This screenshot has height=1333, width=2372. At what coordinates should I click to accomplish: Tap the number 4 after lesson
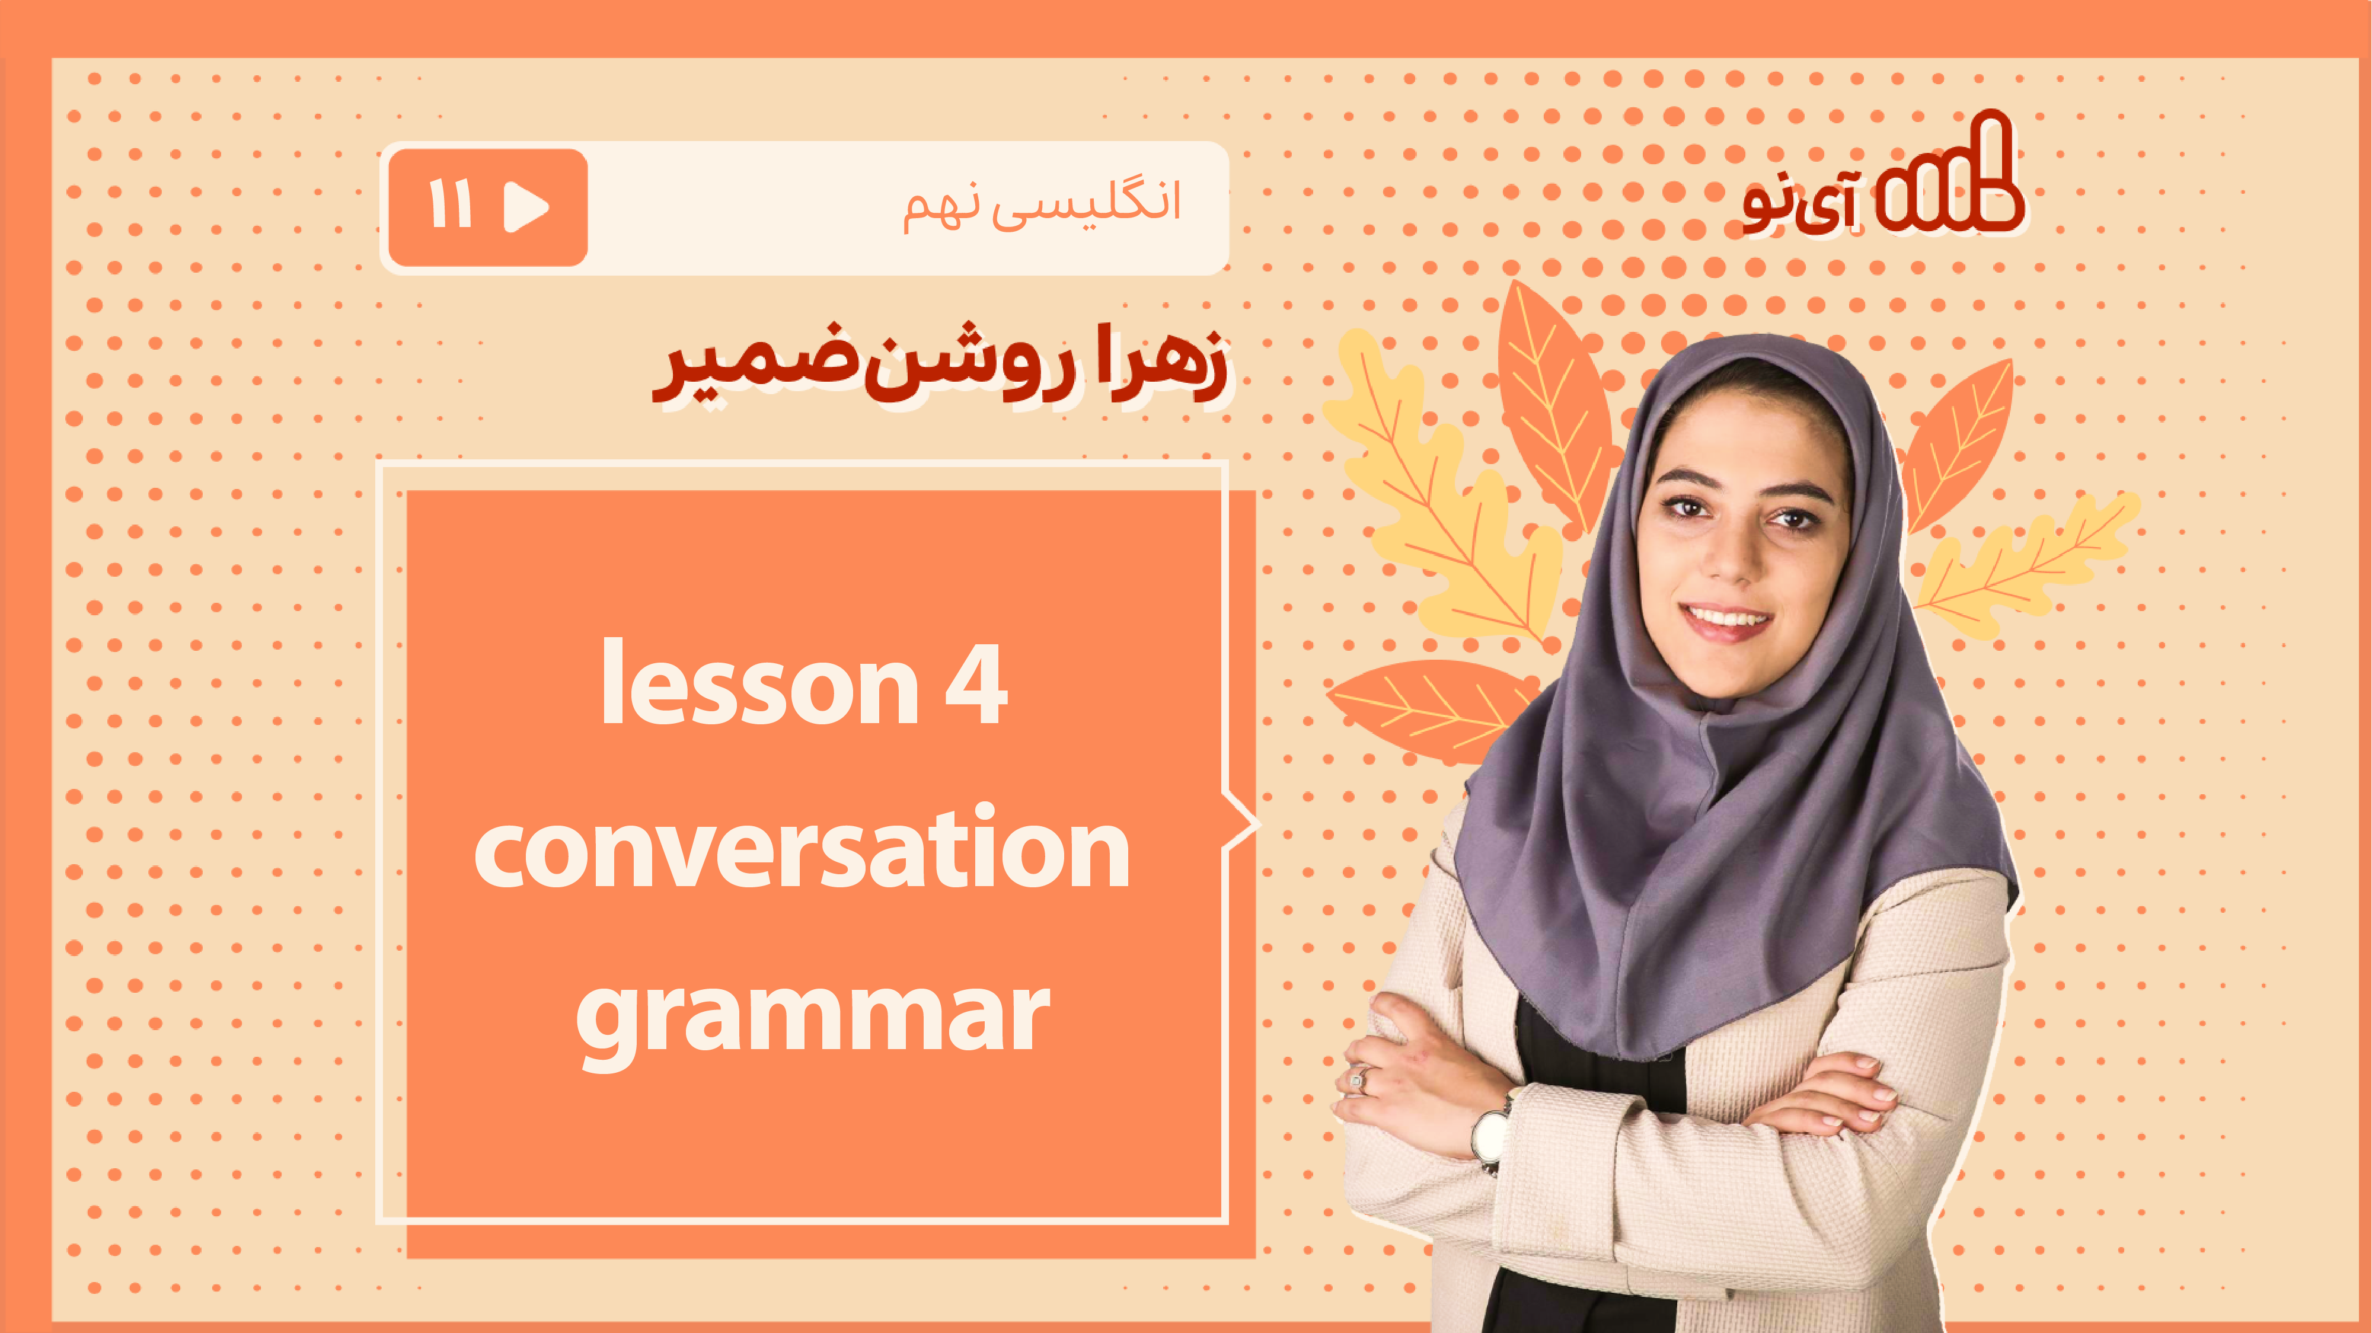click(x=976, y=684)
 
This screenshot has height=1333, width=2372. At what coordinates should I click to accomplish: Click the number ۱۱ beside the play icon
click(x=451, y=204)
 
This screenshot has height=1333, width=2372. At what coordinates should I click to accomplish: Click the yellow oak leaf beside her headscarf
click(x=1441, y=488)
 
